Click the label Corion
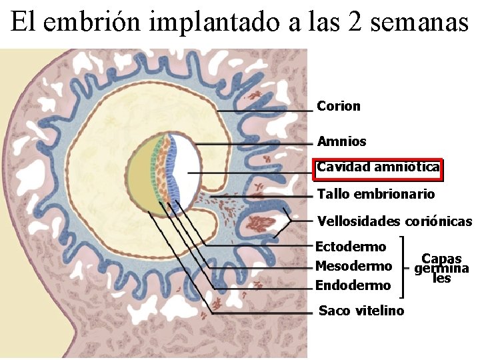(339, 106)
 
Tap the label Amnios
(341, 141)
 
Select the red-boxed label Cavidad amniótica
(378, 167)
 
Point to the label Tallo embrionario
(376, 194)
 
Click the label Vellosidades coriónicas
(394, 221)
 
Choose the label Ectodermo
(350, 247)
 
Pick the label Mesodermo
(353, 267)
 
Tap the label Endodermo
(353, 286)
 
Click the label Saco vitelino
(361, 311)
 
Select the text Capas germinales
(441, 268)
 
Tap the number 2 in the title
(355, 23)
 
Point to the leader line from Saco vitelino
(180, 267)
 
